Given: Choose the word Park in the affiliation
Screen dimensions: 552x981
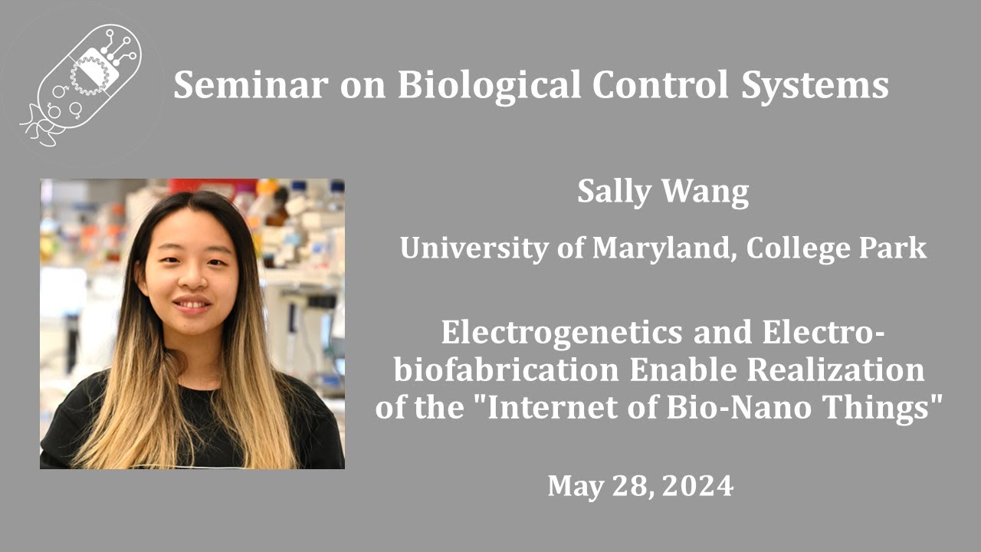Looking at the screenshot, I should click(x=895, y=248).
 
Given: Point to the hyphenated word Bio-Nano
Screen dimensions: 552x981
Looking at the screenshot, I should click(x=735, y=407).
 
